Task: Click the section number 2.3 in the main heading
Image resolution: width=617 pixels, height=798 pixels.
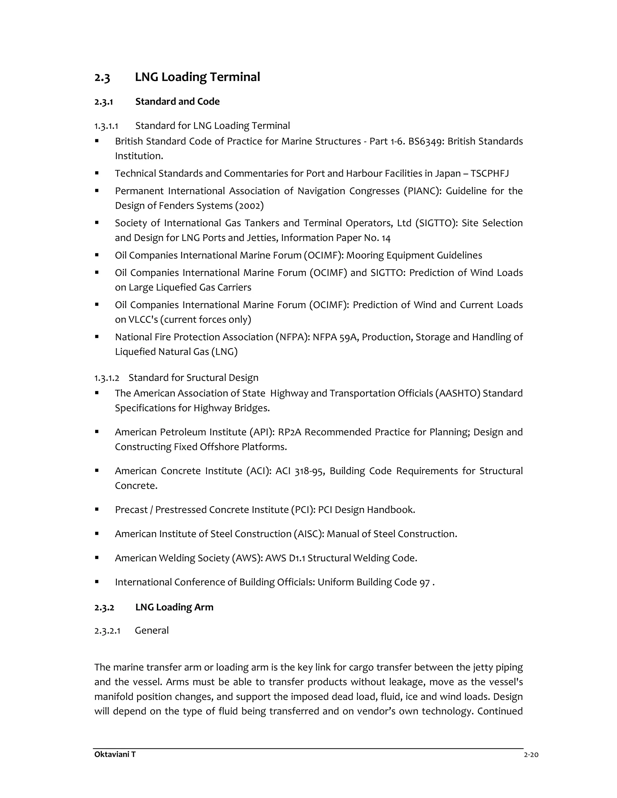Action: [x=102, y=78]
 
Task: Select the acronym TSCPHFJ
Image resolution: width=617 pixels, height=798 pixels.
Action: [x=490, y=173]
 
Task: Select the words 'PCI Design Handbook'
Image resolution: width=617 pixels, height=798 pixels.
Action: [x=366, y=510]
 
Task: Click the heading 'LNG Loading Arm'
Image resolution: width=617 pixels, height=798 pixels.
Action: [x=174, y=607]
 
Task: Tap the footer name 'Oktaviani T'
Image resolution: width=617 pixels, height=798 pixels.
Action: [x=115, y=755]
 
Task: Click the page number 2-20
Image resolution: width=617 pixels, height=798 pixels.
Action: [x=531, y=755]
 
